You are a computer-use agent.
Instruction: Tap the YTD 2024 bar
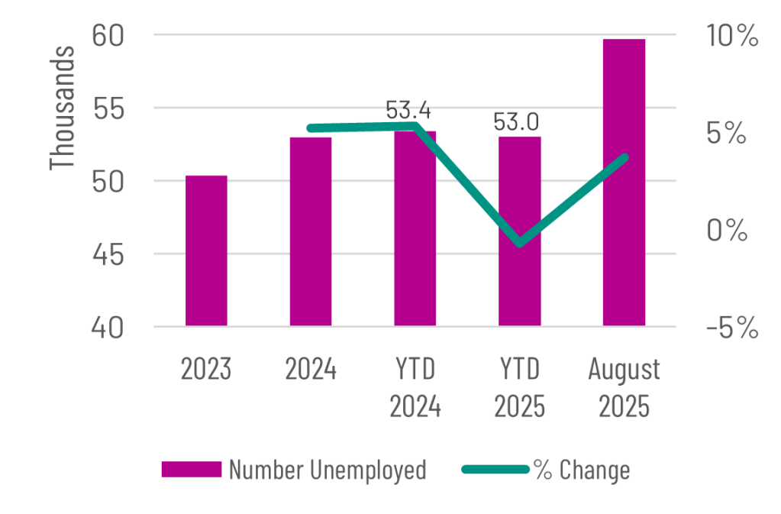pos(415,229)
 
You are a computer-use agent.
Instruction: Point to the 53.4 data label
pos(408,111)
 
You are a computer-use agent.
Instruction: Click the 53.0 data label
pos(517,122)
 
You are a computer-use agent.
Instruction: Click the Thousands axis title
pos(63,107)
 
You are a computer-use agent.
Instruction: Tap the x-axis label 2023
pos(206,370)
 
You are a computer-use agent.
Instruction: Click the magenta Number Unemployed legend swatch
pos(191,469)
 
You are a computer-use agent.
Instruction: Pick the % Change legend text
pos(583,470)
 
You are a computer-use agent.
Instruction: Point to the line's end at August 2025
pos(624,157)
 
